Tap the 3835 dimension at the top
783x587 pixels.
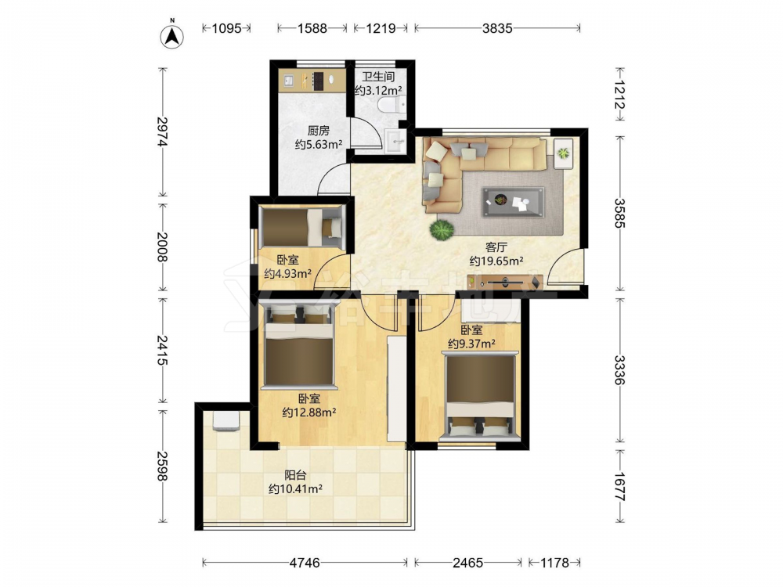click(497, 28)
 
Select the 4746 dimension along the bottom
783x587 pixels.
click(305, 563)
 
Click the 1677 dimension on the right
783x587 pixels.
click(619, 486)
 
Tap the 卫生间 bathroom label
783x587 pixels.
click(378, 77)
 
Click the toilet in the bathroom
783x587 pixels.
click(392, 106)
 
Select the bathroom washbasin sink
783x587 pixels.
click(397, 140)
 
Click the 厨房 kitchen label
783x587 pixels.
click(319, 131)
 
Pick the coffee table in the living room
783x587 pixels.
click(513, 202)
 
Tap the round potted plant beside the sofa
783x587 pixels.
click(442, 229)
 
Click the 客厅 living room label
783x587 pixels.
click(496, 247)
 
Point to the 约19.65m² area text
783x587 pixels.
click(496, 261)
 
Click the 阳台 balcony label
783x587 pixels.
click(295, 475)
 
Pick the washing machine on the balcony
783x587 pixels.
click(227, 421)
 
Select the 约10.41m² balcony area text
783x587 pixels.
click(295, 489)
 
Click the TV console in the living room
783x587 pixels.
click(505, 283)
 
